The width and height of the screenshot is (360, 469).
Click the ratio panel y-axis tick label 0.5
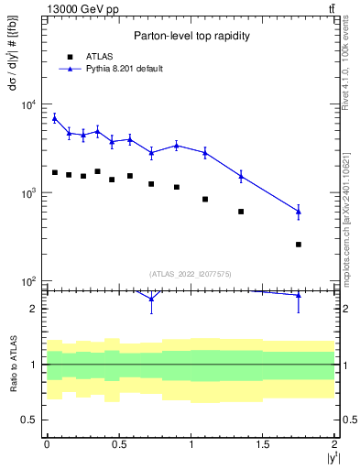coord(29,420)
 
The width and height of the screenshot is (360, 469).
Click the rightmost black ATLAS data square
coord(299,245)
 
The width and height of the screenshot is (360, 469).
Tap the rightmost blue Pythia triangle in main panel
coord(299,212)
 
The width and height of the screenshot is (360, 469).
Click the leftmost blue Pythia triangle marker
coord(55,117)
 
